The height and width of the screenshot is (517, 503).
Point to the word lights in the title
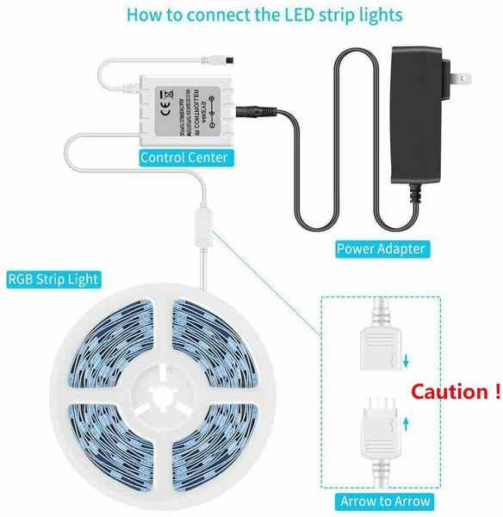(379, 16)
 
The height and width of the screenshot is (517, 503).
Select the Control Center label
(183, 158)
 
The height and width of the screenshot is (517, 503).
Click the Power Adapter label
(380, 249)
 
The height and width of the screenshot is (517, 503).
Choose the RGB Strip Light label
(53, 279)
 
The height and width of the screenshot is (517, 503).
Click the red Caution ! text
(455, 392)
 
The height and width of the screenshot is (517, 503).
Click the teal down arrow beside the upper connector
(406, 361)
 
